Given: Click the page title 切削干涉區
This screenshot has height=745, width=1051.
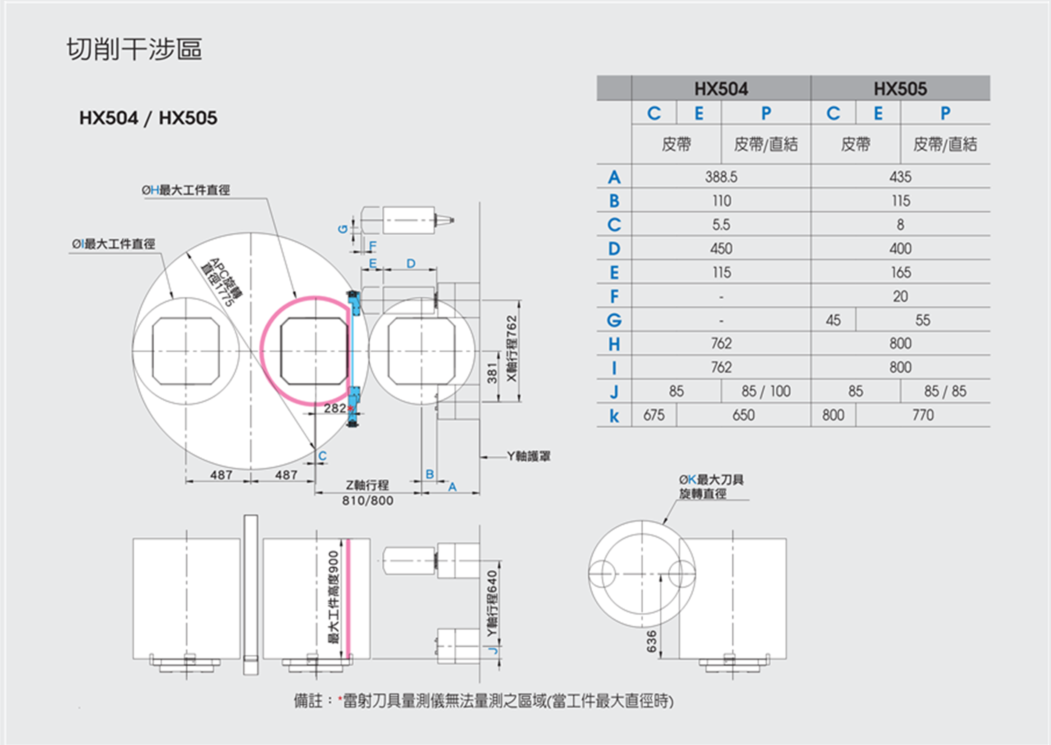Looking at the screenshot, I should pos(134,50).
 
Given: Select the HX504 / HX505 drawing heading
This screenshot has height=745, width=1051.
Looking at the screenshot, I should pos(148,118).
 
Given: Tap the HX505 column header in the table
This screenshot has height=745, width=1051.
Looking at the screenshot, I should pos(900,89).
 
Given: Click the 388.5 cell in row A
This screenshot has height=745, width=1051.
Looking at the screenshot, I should pos(721,177).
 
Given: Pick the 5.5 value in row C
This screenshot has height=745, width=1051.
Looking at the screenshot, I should pos(721,224).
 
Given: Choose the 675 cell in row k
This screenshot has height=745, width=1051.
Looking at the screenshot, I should pos(653,415).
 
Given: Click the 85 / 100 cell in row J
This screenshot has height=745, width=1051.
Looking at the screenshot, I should pos(766,391).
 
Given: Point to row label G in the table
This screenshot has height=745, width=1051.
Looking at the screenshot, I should pos(614,320).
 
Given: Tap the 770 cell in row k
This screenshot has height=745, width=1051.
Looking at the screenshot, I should pos(923,415).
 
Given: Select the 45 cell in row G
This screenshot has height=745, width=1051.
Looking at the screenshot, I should pos(833,320).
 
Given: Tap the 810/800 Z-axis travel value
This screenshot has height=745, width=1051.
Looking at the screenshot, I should pos(368,500).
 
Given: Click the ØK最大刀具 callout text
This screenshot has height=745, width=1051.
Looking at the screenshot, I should pos(711,480).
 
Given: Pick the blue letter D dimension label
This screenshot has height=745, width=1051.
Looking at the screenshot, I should pos(411,263).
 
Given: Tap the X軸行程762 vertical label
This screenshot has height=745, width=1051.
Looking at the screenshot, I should pos(512,349).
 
